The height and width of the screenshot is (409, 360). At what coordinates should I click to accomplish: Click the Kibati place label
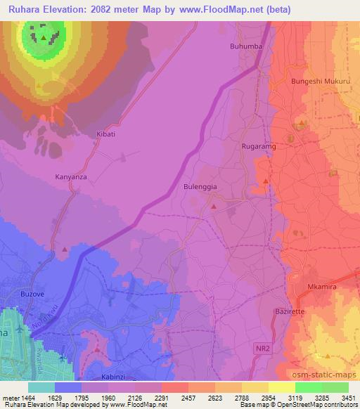tap(105, 133)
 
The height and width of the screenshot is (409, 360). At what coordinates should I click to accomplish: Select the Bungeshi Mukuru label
tap(320, 82)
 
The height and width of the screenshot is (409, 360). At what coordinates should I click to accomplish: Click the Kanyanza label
tap(71, 177)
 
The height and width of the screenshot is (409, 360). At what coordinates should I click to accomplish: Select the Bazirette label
tap(289, 311)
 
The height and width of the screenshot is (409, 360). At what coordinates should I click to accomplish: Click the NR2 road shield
tap(262, 348)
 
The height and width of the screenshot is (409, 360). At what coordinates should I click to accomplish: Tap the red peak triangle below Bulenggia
tap(213, 207)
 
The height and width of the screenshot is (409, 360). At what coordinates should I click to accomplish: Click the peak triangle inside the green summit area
tap(44, 37)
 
